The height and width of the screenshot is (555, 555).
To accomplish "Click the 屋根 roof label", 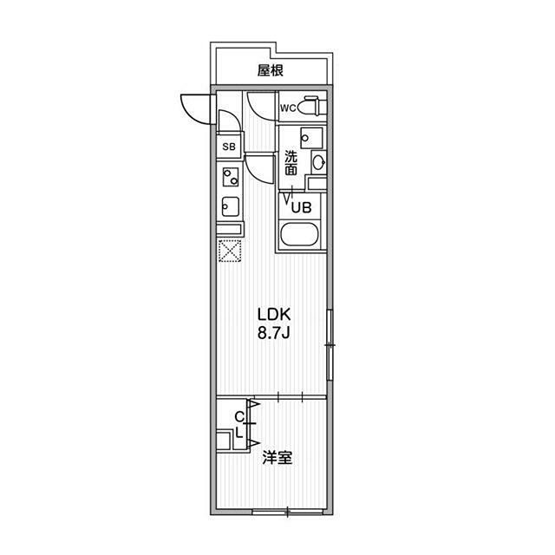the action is click(270, 70).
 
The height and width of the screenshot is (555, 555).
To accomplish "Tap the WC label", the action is click(288, 108).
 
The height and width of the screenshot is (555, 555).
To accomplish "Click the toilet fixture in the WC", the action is click(311, 106).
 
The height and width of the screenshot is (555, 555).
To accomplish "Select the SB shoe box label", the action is click(229, 147).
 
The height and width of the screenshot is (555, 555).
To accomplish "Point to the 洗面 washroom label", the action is click(291, 163).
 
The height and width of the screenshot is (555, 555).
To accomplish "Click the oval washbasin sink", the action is click(319, 162).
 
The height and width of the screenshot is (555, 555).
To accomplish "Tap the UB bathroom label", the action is click(301, 207).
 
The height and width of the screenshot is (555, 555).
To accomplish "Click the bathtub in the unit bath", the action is click(299, 234).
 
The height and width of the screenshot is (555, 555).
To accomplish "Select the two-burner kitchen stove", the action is click(231, 177).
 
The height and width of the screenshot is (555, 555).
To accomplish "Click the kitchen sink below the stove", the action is click(230, 206).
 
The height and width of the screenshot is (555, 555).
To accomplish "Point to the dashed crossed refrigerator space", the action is click(230, 251).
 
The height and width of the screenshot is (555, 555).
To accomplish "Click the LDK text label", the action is click(274, 314).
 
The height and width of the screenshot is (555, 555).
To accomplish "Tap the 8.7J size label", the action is click(274, 333).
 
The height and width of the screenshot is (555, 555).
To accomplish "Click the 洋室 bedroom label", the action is click(277, 458).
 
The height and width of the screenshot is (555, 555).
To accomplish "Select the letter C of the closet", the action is click(239, 417).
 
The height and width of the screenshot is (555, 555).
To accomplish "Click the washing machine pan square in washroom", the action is click(311, 138).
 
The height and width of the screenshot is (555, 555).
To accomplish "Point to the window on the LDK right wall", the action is click(330, 345).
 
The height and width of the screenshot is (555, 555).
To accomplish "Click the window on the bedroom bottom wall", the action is click(288, 512).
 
